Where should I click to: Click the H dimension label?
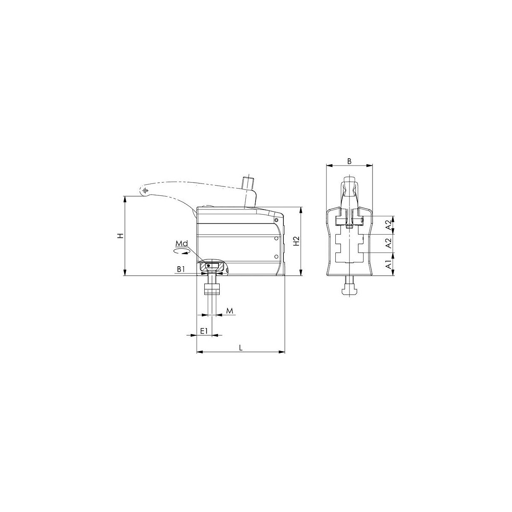[121, 236]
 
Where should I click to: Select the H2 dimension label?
[297, 241]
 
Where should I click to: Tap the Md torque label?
[181, 243]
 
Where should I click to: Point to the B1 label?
[181, 269]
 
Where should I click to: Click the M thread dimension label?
[230, 310]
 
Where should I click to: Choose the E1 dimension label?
[204, 331]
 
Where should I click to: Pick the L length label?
[241, 348]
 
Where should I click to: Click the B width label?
[350, 161]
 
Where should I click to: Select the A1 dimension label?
[389, 264]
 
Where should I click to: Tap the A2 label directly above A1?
[389, 243]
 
